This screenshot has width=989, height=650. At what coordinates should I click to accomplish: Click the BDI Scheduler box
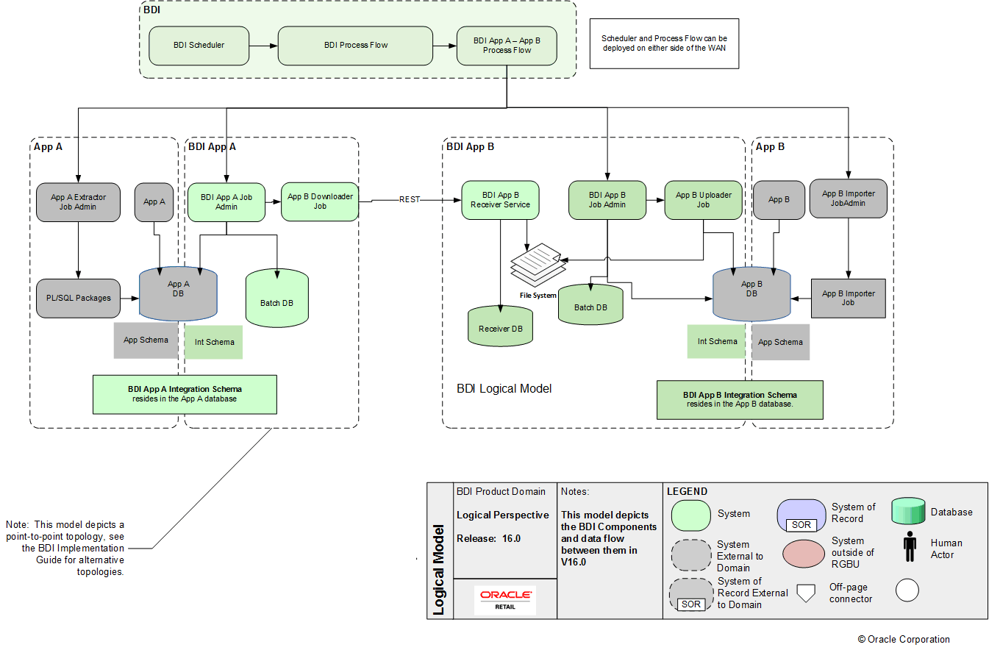pyautogui.click(x=199, y=46)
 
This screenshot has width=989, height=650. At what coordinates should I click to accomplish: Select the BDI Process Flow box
pyautogui.click(x=355, y=46)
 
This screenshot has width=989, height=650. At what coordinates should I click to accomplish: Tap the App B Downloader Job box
pyautogui.click(x=320, y=201)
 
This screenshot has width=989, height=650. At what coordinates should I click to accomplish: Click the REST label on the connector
pyautogui.click(x=410, y=199)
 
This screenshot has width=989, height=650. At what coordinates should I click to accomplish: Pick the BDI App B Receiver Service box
pyautogui.click(x=501, y=200)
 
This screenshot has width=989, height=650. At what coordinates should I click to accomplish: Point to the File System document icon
pyautogui.click(x=535, y=264)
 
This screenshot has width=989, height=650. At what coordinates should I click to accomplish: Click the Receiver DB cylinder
pyautogui.click(x=500, y=328)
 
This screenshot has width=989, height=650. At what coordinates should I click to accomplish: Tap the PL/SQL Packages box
pyautogui.click(x=78, y=298)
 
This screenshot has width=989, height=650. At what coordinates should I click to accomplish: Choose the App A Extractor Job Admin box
pyautogui.click(x=78, y=201)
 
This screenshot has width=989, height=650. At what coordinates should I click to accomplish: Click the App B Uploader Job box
pyautogui.click(x=703, y=200)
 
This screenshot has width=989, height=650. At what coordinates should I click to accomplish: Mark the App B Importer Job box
pyautogui.click(x=848, y=298)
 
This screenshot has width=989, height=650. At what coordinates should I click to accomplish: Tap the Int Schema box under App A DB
pyautogui.click(x=214, y=342)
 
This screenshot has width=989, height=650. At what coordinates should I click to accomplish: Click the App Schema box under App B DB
pyautogui.click(x=780, y=342)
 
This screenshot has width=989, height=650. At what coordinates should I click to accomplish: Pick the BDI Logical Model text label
pyautogui.click(x=504, y=388)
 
